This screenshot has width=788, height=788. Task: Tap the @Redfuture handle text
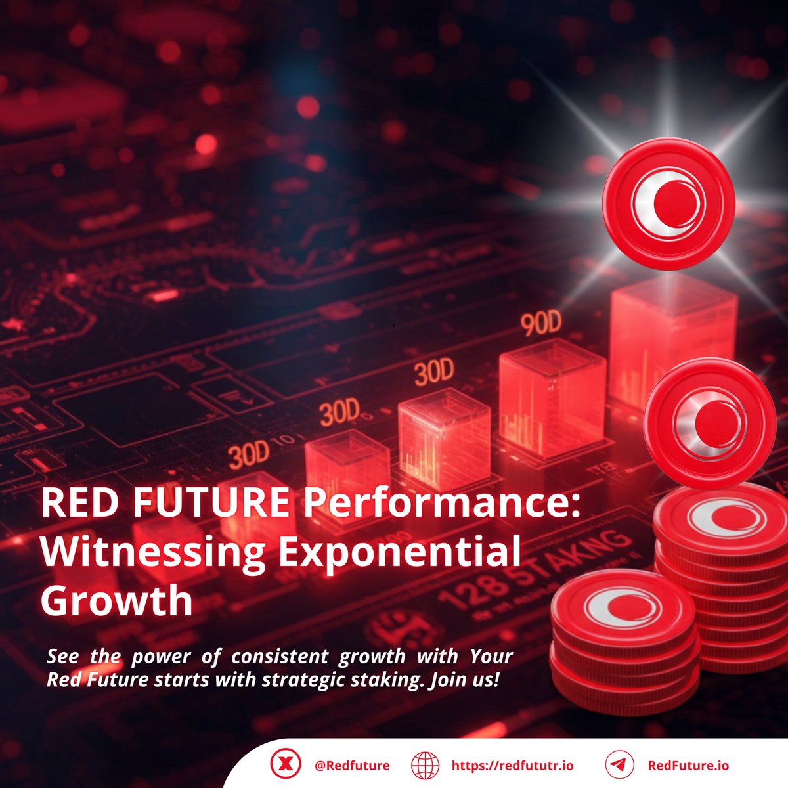[x=352, y=766]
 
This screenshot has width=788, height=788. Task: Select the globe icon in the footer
[x=425, y=766]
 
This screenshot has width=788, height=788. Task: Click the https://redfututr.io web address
[x=512, y=766]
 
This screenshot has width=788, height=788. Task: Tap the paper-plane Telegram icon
[x=619, y=766]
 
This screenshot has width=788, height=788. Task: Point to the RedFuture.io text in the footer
[x=688, y=766]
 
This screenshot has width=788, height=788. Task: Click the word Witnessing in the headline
[x=152, y=552]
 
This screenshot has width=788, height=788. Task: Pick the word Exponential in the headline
[x=399, y=552]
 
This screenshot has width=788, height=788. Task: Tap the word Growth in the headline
[x=116, y=600]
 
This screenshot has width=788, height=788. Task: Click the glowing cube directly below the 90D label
[x=552, y=401]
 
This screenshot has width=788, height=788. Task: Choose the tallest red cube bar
[x=673, y=341]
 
